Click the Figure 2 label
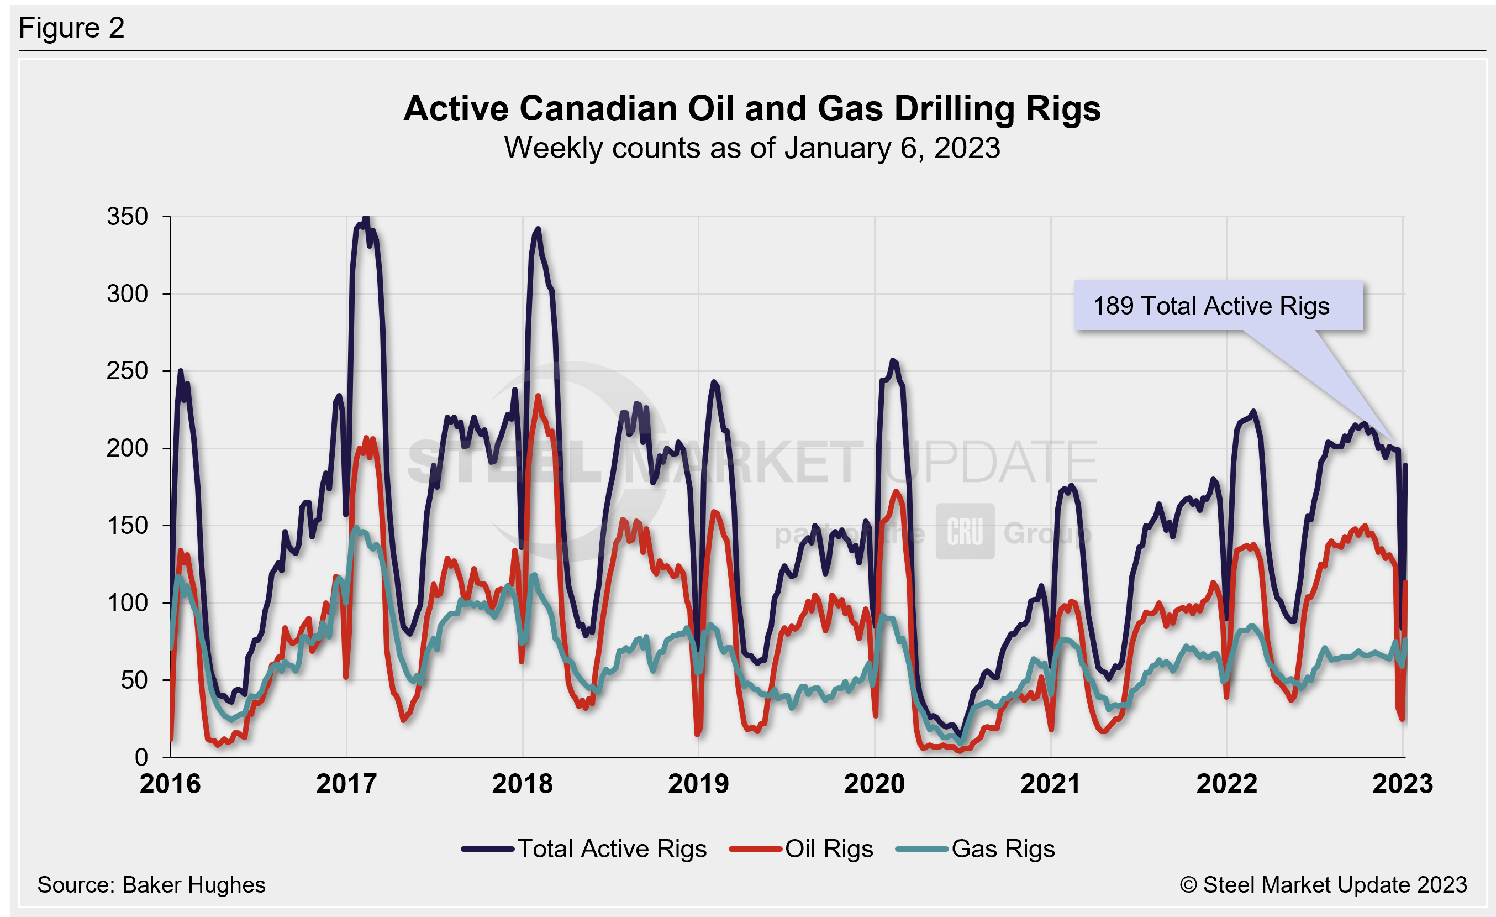(x=72, y=28)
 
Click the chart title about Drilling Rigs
(x=752, y=109)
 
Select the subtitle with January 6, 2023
(x=752, y=148)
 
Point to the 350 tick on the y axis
(x=128, y=217)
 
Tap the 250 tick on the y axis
(x=128, y=371)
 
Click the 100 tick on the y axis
(x=128, y=603)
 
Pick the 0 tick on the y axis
(x=141, y=757)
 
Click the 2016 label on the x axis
(x=170, y=784)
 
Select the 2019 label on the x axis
(x=698, y=784)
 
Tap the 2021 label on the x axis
(x=1050, y=784)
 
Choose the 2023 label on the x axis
(x=1403, y=784)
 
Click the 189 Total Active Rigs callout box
(x=1218, y=306)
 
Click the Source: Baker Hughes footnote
(x=151, y=885)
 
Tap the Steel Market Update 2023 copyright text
(x=1324, y=885)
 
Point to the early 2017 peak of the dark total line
(x=366, y=217)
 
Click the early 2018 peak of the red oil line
(x=538, y=396)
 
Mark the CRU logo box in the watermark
(x=965, y=531)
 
